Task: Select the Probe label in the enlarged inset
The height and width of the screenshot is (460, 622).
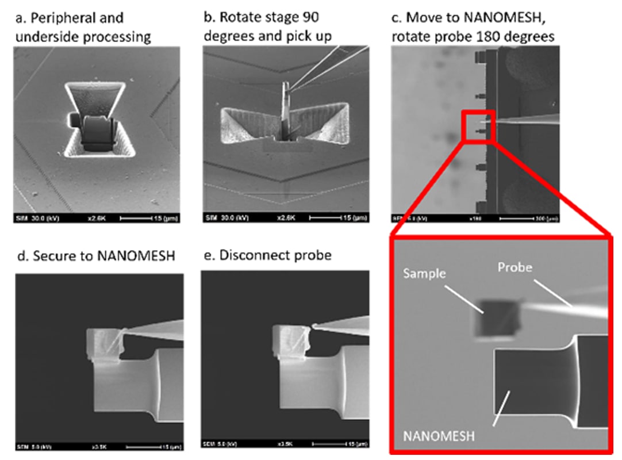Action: coord(515,268)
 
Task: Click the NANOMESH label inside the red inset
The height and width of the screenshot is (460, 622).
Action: coord(440,435)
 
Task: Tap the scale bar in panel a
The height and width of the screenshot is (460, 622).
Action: coord(150,217)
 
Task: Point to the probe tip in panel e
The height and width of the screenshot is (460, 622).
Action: coord(314,327)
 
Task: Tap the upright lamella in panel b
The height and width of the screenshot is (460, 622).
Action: coord(285,109)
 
